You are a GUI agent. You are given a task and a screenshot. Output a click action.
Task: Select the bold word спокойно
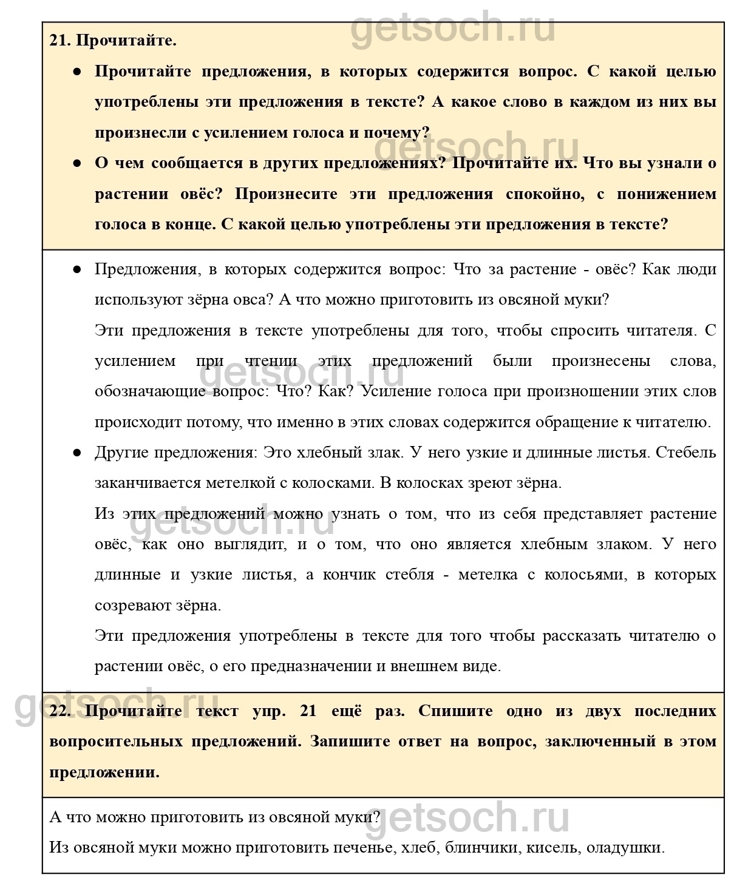[x=545, y=194]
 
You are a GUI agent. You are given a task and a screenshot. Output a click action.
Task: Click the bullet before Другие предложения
[x=77, y=453]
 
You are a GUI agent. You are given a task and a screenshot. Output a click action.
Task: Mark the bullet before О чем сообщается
[x=77, y=163]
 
